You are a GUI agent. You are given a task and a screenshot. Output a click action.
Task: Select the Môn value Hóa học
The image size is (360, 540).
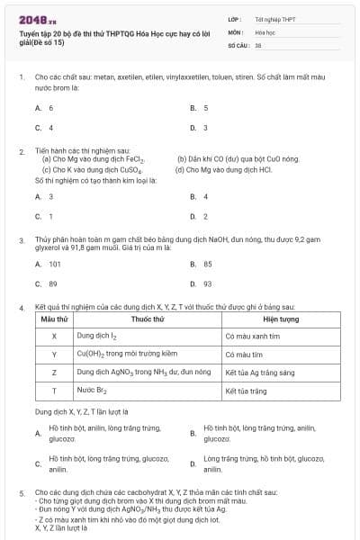click(264, 31)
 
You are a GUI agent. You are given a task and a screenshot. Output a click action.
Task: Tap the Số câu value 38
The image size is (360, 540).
click(258, 44)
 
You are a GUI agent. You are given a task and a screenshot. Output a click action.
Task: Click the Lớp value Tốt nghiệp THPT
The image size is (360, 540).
click(274, 18)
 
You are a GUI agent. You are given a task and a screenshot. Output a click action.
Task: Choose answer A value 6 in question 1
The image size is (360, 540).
click(50, 107)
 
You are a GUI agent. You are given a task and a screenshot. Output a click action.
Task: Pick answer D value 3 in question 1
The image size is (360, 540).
click(205, 128)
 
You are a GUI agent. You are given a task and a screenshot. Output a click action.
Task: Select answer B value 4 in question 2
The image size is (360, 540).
click(205, 195)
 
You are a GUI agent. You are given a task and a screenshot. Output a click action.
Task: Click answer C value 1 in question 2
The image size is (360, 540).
click(50, 216)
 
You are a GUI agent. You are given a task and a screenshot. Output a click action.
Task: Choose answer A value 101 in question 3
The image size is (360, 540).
click(54, 263)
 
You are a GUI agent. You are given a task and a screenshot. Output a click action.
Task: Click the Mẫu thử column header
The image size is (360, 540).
click(55, 319)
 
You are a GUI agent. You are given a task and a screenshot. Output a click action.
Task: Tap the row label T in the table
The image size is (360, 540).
click(55, 391)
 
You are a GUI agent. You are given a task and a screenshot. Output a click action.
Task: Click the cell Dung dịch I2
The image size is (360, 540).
click(97, 335)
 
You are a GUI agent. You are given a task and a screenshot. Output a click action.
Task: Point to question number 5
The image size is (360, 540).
click(22, 493)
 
